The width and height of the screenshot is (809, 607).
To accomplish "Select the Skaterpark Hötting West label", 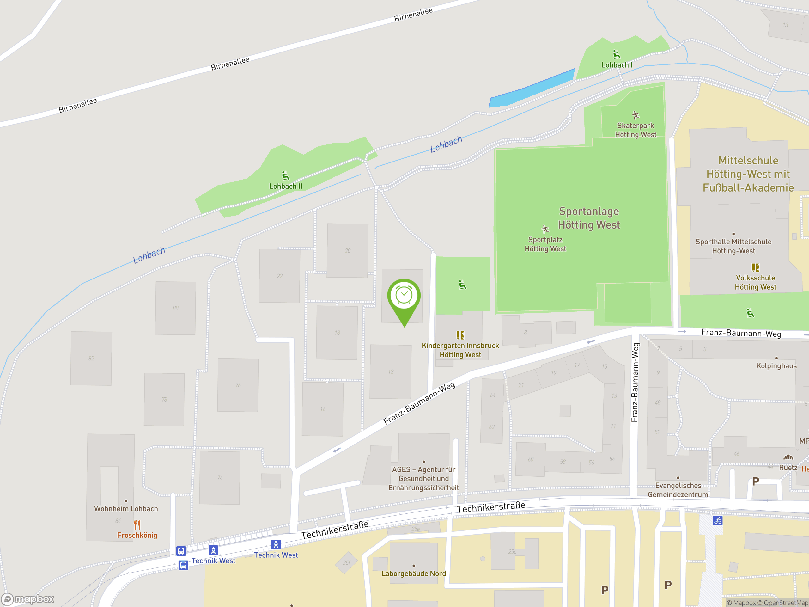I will click(x=635, y=130).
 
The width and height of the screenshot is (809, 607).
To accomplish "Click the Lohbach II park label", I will click(x=286, y=186).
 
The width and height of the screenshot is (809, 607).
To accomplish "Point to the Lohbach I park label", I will click(x=617, y=65).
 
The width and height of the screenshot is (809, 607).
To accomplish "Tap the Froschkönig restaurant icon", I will click(x=137, y=525).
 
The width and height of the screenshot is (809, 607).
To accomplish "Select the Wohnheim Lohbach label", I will click(x=126, y=509).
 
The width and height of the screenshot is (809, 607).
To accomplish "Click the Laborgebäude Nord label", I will click(x=414, y=573).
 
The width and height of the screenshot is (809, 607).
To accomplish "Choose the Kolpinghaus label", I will click(x=776, y=365).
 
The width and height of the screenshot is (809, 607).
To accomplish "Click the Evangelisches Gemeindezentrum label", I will click(x=678, y=490).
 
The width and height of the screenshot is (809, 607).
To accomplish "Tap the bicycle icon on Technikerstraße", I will click(x=718, y=520).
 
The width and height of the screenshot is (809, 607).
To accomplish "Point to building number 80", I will click(x=176, y=308).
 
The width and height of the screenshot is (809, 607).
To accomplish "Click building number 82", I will click(x=91, y=358).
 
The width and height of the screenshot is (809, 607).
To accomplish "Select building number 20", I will click(x=347, y=251).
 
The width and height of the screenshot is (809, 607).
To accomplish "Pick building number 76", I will click(x=238, y=385).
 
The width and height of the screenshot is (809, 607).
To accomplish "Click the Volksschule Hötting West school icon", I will click(x=755, y=267).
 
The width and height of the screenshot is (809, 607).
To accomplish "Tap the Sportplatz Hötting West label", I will click(x=545, y=244).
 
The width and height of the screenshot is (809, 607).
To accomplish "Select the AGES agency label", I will click(x=423, y=478).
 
